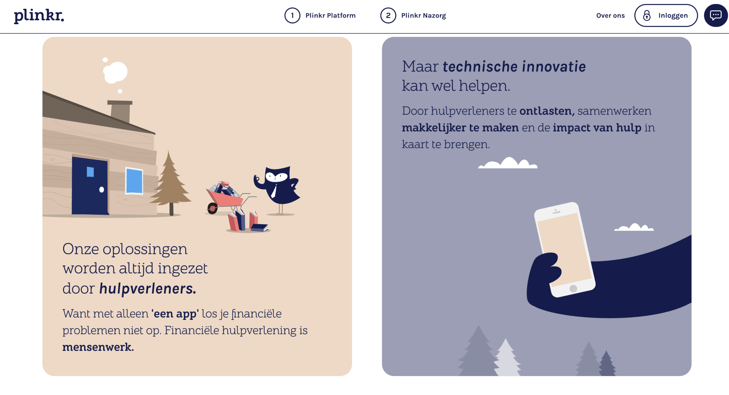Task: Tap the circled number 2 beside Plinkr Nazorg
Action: tap(388, 15)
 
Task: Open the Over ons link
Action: tap(610, 15)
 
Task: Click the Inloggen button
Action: tap(666, 15)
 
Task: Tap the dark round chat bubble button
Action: tap(716, 15)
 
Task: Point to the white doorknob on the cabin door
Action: tap(101, 190)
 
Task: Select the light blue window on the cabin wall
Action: tap(134, 181)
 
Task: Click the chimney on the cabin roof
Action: tap(120, 111)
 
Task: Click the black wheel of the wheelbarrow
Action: tap(212, 209)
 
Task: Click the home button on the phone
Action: tap(573, 288)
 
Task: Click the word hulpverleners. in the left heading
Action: tap(148, 288)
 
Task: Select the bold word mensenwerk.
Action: tap(98, 347)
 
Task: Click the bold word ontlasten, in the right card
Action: tap(547, 111)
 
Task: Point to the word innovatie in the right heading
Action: tap(554, 67)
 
